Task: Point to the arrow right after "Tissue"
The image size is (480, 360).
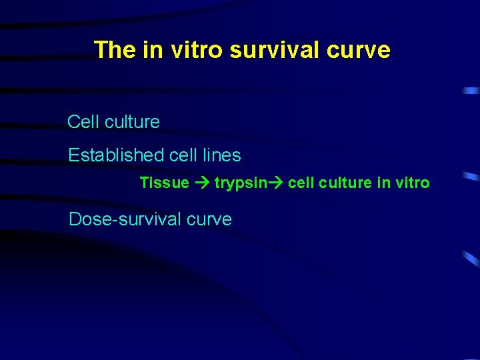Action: pos(202,183)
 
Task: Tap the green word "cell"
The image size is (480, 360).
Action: pos(300,183)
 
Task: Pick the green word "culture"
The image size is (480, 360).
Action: pos(345,183)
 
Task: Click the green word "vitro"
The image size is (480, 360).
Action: pos(413,183)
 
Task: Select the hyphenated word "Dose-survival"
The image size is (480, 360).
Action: pos(122,219)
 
